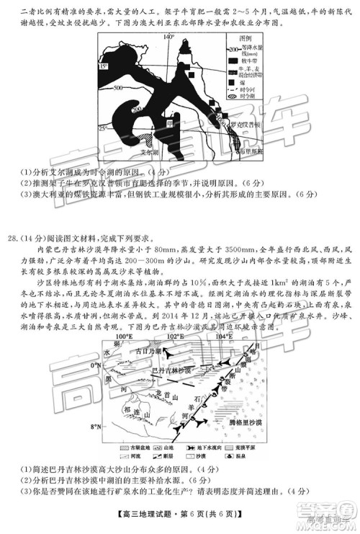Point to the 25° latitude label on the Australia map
pos(104,128)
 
